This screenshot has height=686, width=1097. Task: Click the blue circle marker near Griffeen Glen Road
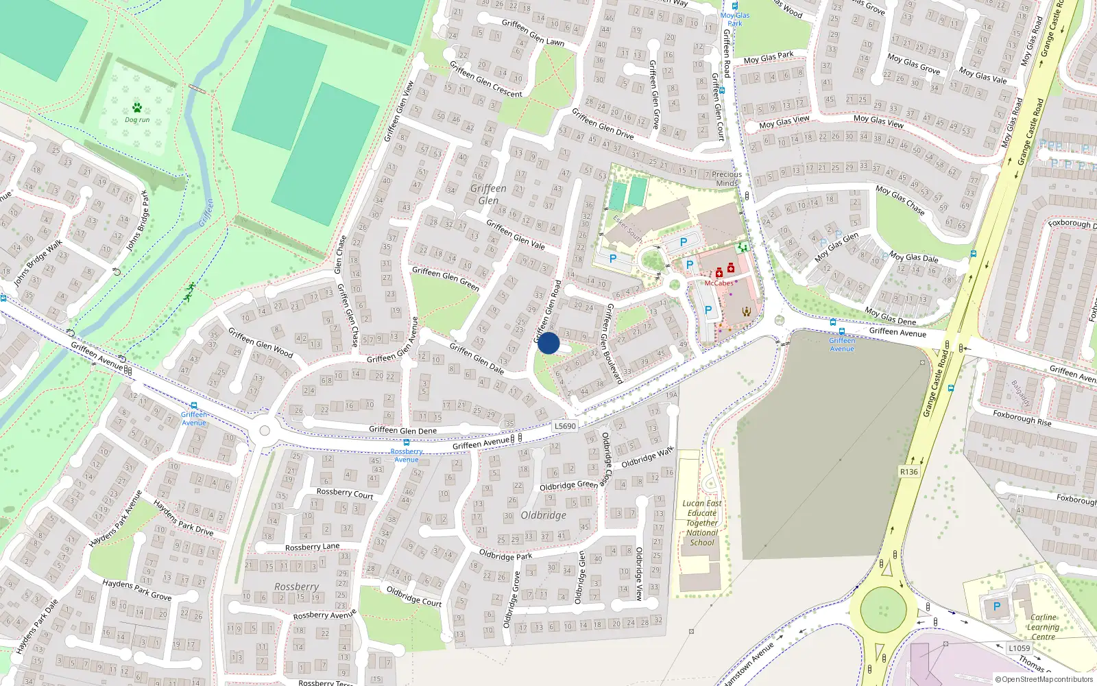pos(548,343)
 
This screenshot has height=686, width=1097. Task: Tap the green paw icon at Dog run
pos(137,108)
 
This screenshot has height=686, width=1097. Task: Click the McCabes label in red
pos(719,283)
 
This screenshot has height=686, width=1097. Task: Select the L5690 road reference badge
pos(565,426)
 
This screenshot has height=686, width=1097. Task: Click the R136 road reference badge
pos(908,472)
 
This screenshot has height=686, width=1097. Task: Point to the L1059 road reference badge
pos(1019,648)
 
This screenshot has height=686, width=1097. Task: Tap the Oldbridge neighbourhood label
pos(543,515)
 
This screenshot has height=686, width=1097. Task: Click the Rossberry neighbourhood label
pos(296,587)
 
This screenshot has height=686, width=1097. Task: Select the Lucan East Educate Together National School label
pos(702,523)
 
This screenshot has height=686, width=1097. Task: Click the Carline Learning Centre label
pos(1043,627)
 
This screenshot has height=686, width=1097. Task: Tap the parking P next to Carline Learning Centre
pos(996,606)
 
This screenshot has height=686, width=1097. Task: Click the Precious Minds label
pos(727,178)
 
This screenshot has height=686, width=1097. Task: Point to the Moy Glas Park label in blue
pos(735,19)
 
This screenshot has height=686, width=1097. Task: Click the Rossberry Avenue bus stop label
pos(407,456)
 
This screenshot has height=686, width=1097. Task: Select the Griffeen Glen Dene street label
pos(402,431)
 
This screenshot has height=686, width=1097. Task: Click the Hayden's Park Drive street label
pos(183,518)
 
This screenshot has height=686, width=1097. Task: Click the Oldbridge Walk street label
pos(647,458)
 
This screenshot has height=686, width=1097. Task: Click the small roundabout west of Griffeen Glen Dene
pos(265,431)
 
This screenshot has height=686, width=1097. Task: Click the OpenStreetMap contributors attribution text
pos(1044,680)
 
